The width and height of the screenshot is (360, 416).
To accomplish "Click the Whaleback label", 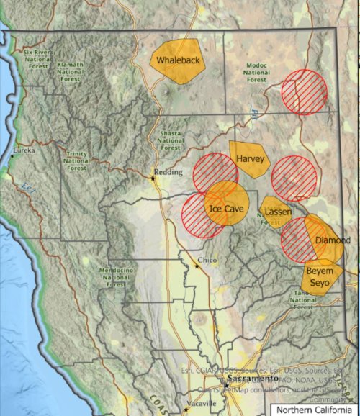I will pyautogui.click(x=178, y=60).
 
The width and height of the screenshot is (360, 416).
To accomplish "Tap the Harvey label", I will pyautogui.click(x=250, y=159).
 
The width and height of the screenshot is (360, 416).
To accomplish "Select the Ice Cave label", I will pyautogui.click(x=228, y=209).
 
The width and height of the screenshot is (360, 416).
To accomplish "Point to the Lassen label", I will pyautogui.click(x=277, y=212).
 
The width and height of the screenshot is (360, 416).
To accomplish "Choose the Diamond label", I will pyautogui.click(x=333, y=240).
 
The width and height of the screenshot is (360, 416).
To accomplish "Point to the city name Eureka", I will pyautogui.click(x=24, y=151).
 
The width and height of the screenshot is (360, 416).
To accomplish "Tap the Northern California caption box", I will pyautogui.click(x=312, y=409).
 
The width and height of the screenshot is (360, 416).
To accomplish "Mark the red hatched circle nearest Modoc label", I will pyautogui.click(x=305, y=91).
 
